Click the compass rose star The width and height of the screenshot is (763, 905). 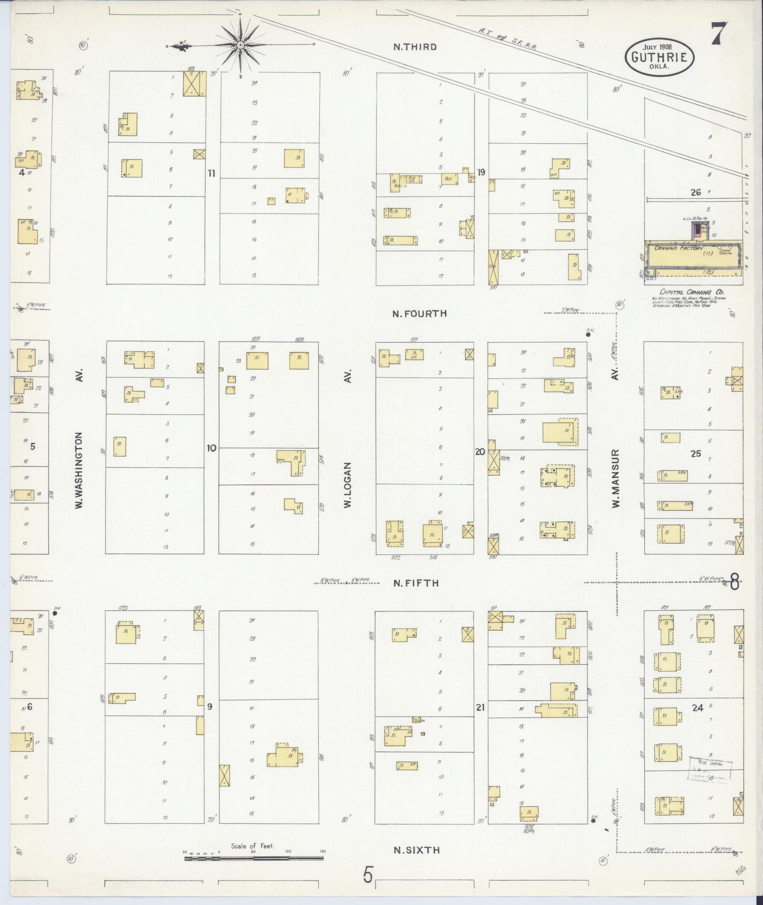pyautogui.click(x=241, y=45)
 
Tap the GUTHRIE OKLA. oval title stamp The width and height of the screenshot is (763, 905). pyautogui.click(x=660, y=57)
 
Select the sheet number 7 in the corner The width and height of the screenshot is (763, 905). pyautogui.click(x=719, y=34)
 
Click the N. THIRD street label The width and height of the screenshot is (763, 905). pyautogui.click(x=415, y=47)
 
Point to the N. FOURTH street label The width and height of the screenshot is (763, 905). pyautogui.click(x=420, y=314)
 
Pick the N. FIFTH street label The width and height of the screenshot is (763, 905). pyautogui.click(x=416, y=583)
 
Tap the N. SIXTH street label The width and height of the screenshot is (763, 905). pyautogui.click(x=417, y=850)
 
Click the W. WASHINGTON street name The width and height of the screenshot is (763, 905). pyautogui.click(x=80, y=470)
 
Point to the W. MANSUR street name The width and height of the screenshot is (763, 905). pyautogui.click(x=615, y=478)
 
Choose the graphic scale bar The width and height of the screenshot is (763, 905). pyautogui.click(x=253, y=859)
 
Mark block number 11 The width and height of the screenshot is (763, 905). pyautogui.click(x=211, y=173)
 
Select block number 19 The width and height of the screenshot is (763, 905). pyautogui.click(x=481, y=172)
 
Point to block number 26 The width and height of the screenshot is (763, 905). pyautogui.click(x=695, y=193)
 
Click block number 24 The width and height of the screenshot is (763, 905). pyautogui.click(x=697, y=708)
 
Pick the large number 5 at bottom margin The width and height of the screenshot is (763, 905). pyautogui.click(x=368, y=875)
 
